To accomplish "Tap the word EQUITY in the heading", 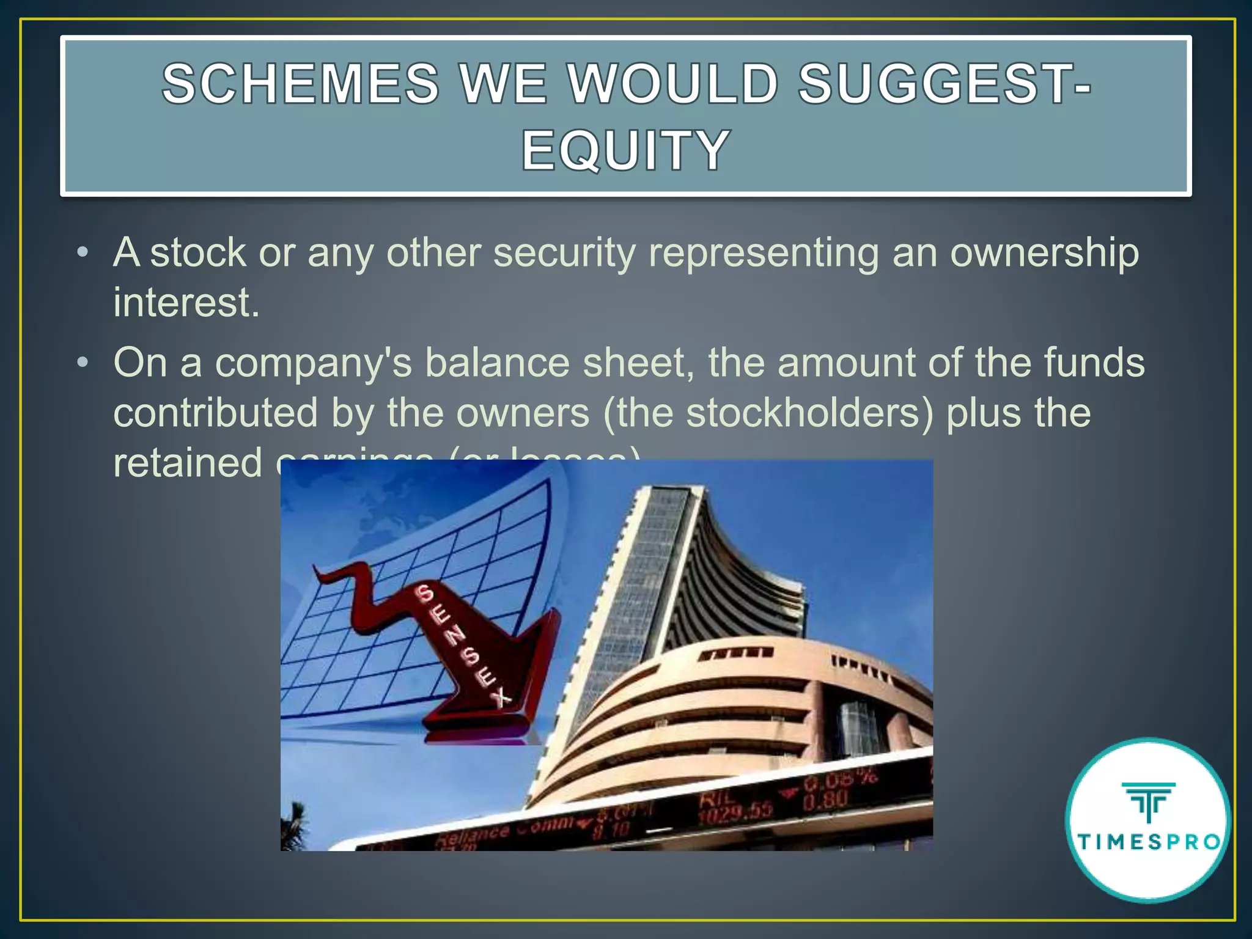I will (x=625, y=150).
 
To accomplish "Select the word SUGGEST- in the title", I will (x=945, y=84).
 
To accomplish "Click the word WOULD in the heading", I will (x=673, y=84).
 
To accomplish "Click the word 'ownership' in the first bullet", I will (x=1044, y=253).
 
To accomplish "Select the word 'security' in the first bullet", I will (x=564, y=253).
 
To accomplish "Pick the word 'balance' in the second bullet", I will (x=497, y=363).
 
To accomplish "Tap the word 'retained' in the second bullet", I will (x=188, y=463).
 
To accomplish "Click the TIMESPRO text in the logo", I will (x=1149, y=842).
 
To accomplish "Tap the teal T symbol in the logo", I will (x=1149, y=801).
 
